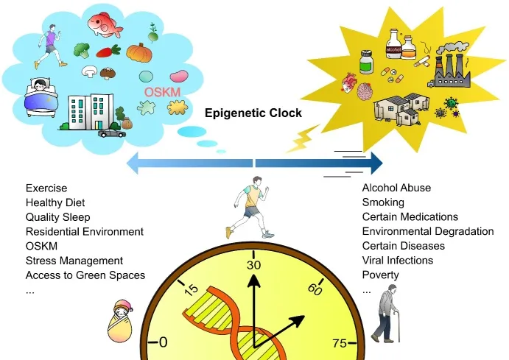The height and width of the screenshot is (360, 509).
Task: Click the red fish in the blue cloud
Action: point(105,24)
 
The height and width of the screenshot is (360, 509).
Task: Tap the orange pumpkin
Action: point(139,53)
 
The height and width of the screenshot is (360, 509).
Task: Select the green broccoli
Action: point(82,50)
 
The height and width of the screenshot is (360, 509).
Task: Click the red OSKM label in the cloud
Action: point(162,92)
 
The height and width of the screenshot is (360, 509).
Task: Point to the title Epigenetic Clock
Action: point(253,113)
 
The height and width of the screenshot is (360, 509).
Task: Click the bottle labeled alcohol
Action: point(394,44)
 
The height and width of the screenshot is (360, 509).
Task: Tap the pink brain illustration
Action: point(365,91)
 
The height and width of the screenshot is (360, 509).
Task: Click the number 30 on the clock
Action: point(253,265)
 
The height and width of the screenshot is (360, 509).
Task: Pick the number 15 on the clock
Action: point(191,289)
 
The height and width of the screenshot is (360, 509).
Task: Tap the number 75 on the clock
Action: point(340,343)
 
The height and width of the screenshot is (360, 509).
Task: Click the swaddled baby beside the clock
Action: point(120,321)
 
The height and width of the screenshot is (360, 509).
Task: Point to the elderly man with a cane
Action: point(386,314)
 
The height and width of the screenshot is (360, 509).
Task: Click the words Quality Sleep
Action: point(57,217)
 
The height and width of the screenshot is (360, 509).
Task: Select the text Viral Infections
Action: point(398,260)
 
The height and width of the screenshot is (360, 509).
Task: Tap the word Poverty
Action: point(380,275)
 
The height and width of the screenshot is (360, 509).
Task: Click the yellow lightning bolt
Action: point(303,138)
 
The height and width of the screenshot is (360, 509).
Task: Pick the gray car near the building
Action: point(111,133)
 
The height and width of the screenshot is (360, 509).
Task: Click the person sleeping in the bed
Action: point(41,96)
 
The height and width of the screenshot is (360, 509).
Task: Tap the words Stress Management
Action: point(74,261)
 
